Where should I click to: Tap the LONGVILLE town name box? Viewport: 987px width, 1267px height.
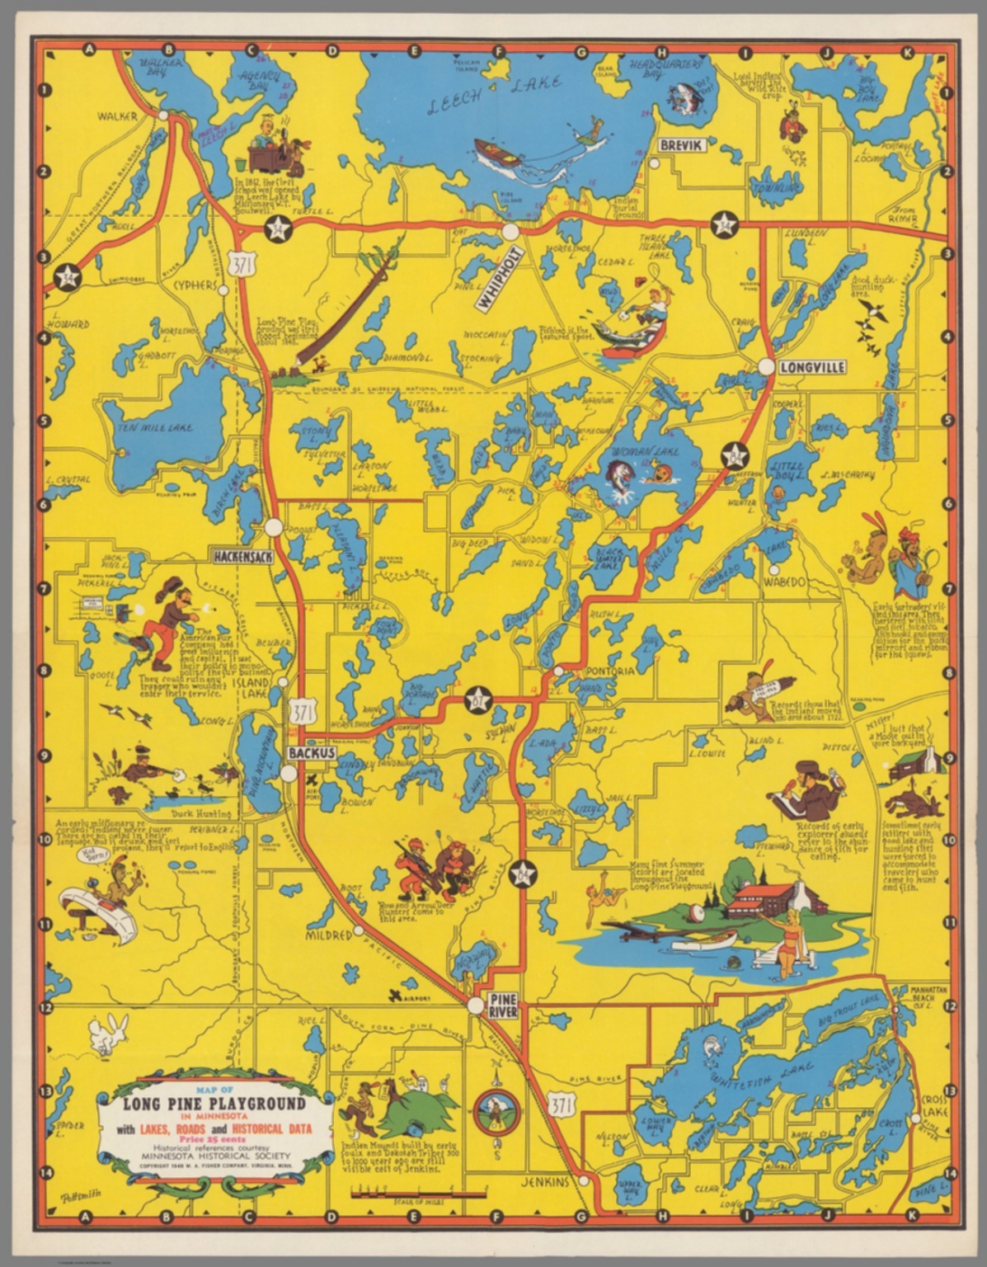coord(812,367)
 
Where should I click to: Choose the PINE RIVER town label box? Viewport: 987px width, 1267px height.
coord(503,1006)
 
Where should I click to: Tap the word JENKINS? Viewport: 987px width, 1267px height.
coord(545,1182)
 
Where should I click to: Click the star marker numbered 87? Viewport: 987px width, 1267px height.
coord(477,699)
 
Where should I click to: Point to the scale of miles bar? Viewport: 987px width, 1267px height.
coord(417,1193)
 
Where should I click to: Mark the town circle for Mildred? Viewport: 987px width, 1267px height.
coord(359,931)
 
